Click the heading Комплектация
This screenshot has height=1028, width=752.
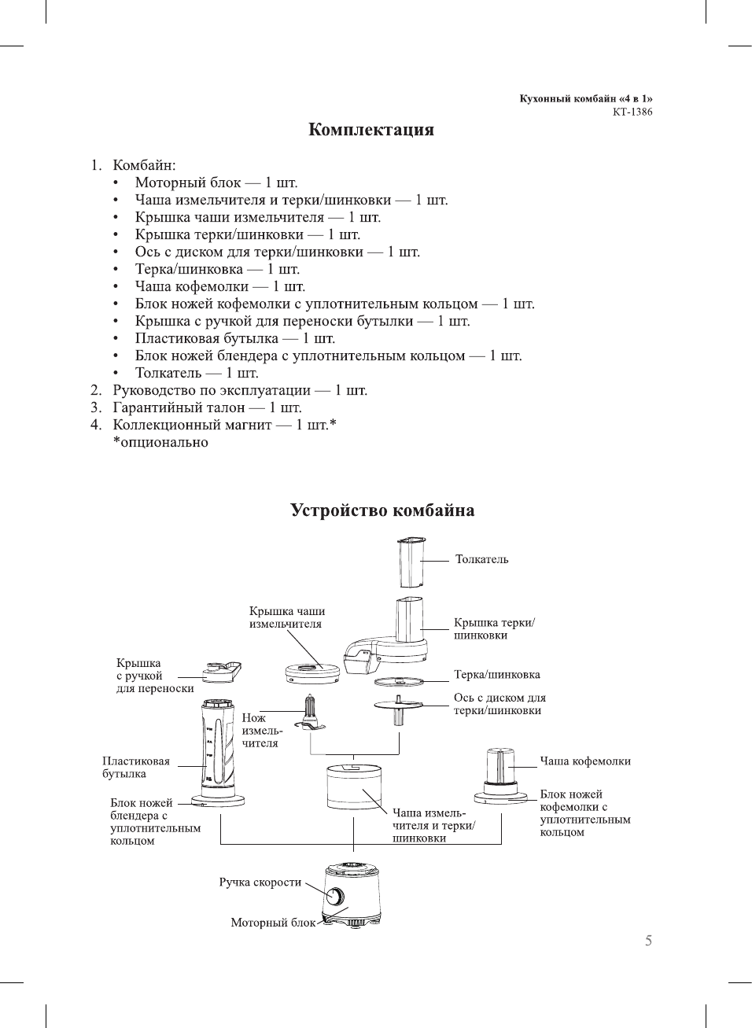click(370, 130)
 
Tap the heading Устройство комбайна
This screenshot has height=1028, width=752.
click(382, 510)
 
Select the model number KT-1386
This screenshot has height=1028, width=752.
click(632, 112)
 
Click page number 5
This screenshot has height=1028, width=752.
click(648, 941)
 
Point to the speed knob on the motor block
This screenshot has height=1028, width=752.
click(334, 896)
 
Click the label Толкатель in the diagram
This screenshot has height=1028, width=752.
click(481, 559)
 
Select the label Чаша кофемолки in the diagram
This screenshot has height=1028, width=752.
click(584, 761)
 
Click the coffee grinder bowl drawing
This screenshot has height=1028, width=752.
click(500, 767)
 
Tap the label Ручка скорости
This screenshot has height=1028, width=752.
click(260, 882)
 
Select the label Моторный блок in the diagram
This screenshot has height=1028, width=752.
click(272, 923)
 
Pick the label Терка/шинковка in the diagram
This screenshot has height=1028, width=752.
click(496, 675)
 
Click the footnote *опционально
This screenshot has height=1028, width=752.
click(160, 442)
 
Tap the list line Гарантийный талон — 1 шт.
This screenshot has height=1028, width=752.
click(207, 407)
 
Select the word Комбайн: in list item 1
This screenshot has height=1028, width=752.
click(144, 165)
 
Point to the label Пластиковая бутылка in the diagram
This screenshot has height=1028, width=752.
click(135, 768)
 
